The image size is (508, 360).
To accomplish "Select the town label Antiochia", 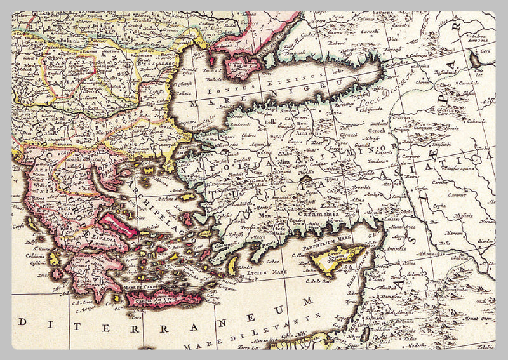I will coord(395,248).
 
